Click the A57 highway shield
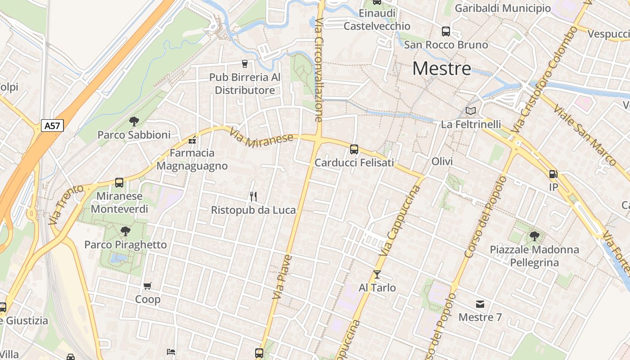click(52, 126)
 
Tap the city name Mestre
click(441, 68)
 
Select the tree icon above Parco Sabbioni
click(134, 121)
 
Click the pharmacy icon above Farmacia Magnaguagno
click(193, 140)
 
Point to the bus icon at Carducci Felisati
click(354, 149)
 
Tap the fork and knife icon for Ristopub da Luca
click(253, 196)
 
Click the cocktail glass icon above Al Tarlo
click(377, 274)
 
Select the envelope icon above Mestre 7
click(480, 304)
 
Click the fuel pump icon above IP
click(553, 174)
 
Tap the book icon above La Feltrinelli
click(470, 111)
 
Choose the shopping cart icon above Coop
click(148, 286)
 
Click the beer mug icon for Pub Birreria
click(245, 64)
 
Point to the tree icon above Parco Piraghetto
click(126, 231)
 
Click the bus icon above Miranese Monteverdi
click(119, 183)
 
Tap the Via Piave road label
click(282, 277)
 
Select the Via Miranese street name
click(261, 138)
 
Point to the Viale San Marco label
click(584, 135)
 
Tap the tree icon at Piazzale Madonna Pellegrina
click(534, 236)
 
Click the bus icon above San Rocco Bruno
click(446, 31)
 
